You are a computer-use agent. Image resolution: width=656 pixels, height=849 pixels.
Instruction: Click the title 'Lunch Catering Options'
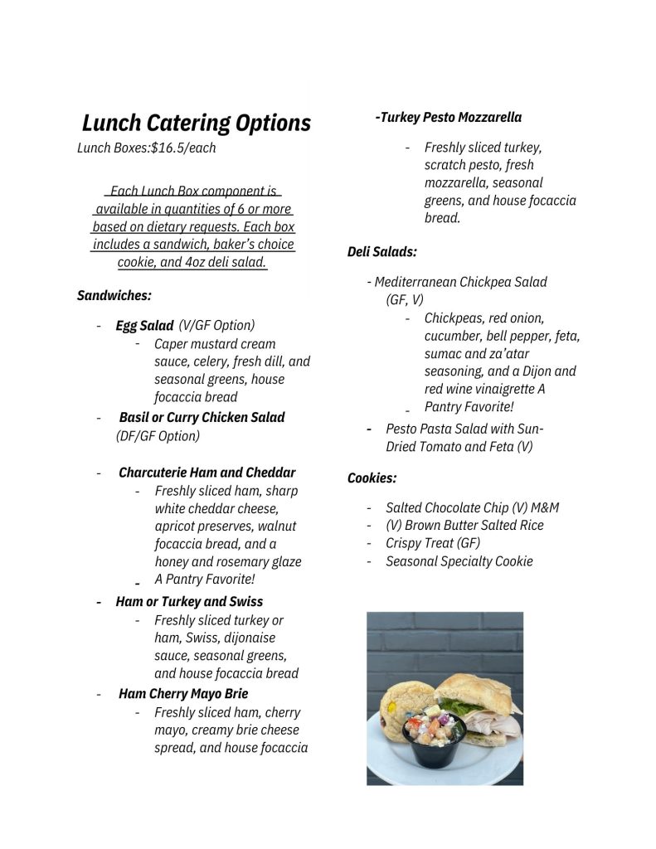click(196, 124)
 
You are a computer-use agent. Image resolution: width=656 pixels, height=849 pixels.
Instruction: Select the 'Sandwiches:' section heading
click(114, 295)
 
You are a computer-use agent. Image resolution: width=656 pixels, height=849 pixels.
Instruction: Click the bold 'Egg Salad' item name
click(144, 326)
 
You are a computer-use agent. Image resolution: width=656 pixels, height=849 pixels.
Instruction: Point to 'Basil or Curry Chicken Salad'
click(202, 417)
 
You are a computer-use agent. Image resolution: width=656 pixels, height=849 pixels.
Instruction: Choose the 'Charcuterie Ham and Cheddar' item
click(207, 473)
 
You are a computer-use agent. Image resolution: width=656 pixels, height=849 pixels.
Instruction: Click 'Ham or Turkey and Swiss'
click(189, 601)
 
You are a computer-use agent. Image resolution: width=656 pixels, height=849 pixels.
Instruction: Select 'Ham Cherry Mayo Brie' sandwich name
click(183, 693)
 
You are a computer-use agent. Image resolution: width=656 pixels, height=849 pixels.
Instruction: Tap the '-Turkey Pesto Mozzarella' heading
click(448, 117)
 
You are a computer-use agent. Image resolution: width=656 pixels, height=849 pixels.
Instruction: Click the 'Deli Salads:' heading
click(381, 252)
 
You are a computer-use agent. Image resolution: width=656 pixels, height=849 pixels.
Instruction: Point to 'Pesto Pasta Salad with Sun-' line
click(464, 429)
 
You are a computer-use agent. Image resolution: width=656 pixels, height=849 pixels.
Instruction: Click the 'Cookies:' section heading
click(372, 478)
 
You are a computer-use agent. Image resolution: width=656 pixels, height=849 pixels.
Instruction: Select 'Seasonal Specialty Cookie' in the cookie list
click(459, 561)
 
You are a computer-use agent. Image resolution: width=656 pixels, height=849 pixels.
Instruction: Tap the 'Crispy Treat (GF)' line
click(432, 543)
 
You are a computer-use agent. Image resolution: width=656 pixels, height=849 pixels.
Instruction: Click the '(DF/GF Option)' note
click(158, 435)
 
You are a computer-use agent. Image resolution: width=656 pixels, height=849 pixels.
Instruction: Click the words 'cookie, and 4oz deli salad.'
click(192, 262)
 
